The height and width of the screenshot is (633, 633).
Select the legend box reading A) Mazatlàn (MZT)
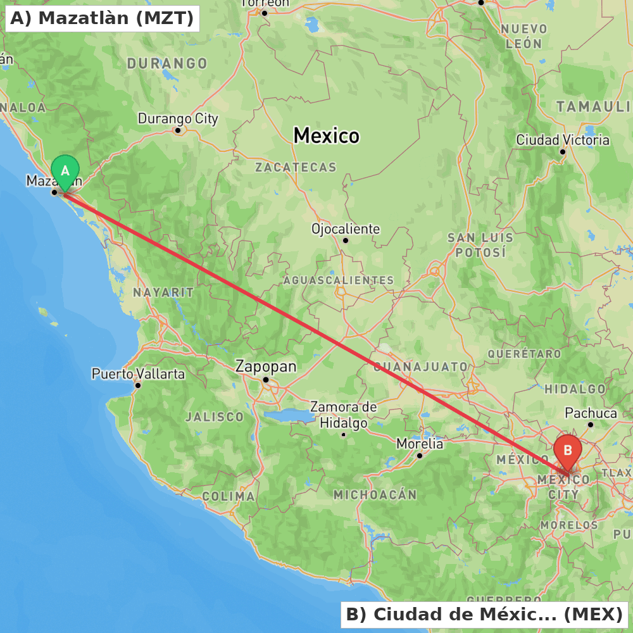pos(102,18)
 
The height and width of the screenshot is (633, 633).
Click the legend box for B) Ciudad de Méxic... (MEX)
pos(484,614)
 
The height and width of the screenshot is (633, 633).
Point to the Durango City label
pos(178,118)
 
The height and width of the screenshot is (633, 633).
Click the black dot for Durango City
pos(178,131)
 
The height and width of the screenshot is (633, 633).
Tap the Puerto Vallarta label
pos(138,373)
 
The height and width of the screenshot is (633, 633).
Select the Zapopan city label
pos(265,366)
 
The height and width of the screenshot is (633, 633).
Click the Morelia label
pos(420,444)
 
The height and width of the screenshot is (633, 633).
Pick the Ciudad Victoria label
pos(563,140)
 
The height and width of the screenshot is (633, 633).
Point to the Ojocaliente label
pos(346,229)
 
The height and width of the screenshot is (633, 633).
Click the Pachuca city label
pos(591,413)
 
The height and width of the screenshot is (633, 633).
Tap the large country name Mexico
pos(326,135)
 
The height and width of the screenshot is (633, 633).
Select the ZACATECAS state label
pos(296,168)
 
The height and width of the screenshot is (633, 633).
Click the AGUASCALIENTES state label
pos(339,280)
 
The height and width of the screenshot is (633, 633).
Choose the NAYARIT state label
pos(163,292)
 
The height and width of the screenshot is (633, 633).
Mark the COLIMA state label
pos(229,496)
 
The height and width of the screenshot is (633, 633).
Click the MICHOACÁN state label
pos(375,494)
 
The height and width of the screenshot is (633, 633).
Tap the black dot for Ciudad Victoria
pos(563,152)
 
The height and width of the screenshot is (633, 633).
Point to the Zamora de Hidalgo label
pos(343,415)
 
